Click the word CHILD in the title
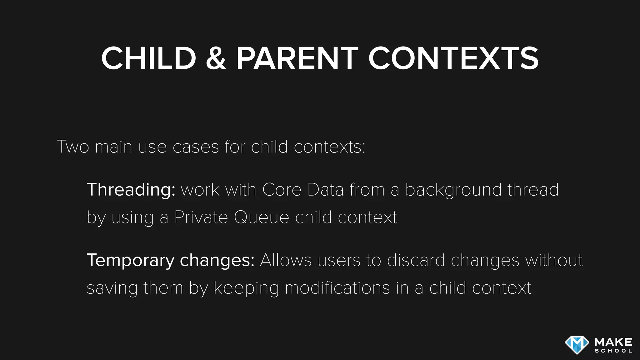click(149, 58)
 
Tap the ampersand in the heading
click(216, 58)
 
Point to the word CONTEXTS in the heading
click(453, 58)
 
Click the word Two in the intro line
click(73, 147)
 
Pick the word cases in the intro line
click(196, 147)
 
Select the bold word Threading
click(131, 190)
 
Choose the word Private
click(201, 217)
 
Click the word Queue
click(261, 218)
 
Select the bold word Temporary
click(131, 261)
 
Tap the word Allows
click(286, 260)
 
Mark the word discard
click(416, 260)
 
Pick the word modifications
click(337, 288)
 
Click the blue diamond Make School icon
click(577, 345)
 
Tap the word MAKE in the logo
click(613, 342)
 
